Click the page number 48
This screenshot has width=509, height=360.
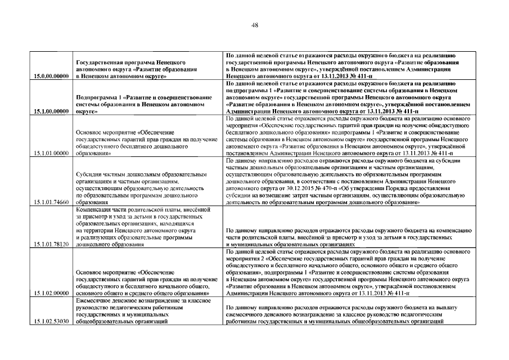(x=255, y=25)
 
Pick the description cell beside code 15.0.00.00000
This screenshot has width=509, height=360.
(x=348, y=65)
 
